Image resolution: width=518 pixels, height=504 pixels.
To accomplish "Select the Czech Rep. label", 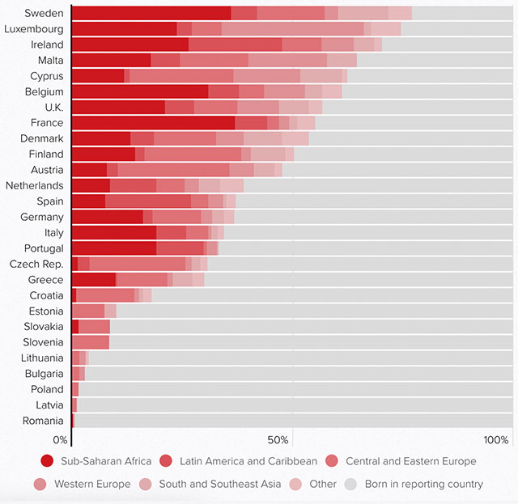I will coord(36,264).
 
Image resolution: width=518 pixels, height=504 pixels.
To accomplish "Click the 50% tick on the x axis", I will coord(278,440).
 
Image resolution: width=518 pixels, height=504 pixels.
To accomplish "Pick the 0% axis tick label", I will coord(61,440).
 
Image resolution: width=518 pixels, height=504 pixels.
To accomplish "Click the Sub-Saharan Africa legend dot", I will coord(47,461).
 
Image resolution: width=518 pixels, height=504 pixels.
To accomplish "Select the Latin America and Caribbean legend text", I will coord(248,461).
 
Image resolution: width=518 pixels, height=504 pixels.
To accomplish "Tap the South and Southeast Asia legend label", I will coord(219,484).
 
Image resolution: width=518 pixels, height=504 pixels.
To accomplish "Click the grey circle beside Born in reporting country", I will coord(350,484).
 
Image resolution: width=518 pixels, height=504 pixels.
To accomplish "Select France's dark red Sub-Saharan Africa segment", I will coord(154,123).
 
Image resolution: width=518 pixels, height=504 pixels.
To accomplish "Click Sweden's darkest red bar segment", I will coord(151,13).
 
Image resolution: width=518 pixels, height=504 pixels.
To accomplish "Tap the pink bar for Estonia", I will coord(88,311).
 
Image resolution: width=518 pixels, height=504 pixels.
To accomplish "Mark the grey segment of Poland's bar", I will coord(295,389).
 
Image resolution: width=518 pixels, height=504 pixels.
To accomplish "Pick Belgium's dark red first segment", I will coord(140,91).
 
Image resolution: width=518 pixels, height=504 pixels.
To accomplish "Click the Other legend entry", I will coord(319,484).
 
